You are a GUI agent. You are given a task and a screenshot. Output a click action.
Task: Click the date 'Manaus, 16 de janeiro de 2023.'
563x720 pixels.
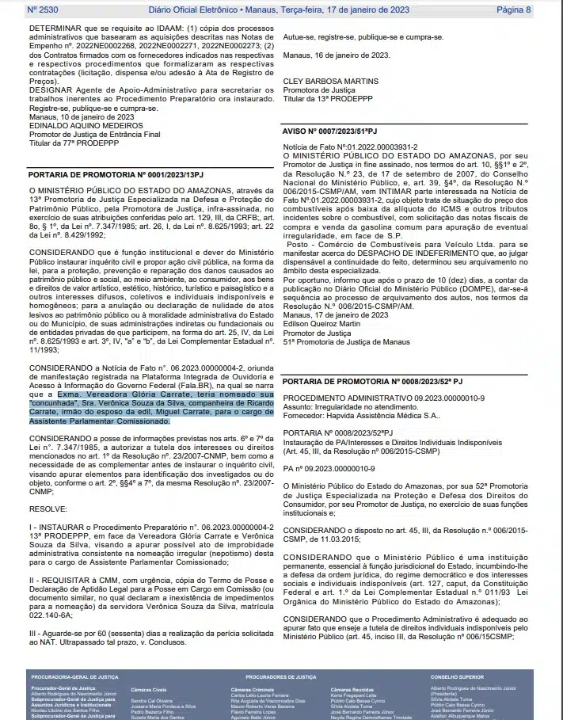click(336, 55)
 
